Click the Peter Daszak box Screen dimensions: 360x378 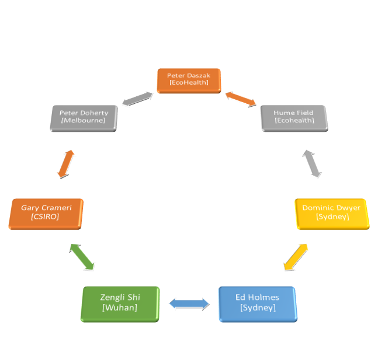click(189, 80)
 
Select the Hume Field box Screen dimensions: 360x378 click(293, 117)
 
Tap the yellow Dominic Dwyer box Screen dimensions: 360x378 click(331, 212)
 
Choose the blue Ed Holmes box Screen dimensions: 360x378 click(257, 303)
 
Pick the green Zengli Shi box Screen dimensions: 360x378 click(119, 303)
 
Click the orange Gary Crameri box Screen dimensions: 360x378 click(46, 213)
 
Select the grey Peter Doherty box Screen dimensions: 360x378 click(83, 117)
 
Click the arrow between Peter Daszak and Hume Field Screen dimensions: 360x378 click(241, 99)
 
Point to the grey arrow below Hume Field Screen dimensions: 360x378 click(311, 163)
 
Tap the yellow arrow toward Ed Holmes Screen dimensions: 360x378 click(296, 257)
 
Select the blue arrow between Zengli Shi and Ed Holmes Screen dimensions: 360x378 click(189, 303)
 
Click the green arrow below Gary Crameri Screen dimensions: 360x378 click(82, 257)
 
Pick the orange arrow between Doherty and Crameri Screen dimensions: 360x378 click(66, 164)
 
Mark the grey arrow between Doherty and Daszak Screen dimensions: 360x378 click(137, 99)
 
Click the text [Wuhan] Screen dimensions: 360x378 click(119, 307)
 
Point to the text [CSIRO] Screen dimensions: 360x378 click(45, 217)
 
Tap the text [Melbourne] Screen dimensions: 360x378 click(83, 121)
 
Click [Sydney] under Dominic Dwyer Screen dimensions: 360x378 click(331, 216)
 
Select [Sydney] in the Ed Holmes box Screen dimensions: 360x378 click(257, 307)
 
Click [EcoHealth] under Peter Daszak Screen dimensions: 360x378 click(189, 83)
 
